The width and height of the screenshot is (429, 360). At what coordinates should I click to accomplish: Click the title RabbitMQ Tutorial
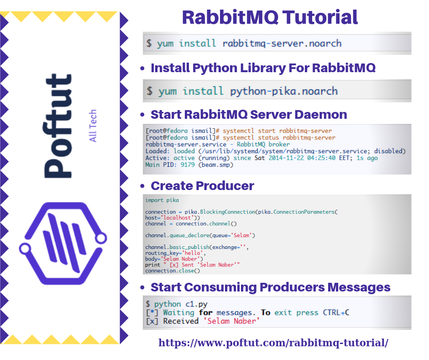(270, 17)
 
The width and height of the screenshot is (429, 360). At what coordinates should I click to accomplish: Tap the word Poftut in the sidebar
(58, 125)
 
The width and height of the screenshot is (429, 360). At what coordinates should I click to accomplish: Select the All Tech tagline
(93, 126)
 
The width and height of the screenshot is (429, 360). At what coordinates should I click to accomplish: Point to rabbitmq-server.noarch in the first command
(282, 44)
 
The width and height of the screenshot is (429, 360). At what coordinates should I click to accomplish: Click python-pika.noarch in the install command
(283, 91)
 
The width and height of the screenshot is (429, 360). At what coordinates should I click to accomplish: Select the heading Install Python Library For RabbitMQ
(263, 68)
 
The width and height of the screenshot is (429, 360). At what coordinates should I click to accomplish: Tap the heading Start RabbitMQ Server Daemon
(249, 114)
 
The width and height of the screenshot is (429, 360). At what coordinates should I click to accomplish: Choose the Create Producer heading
(202, 186)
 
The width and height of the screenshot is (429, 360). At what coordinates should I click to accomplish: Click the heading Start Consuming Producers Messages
(270, 287)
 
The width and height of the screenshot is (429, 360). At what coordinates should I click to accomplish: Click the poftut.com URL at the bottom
(273, 343)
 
